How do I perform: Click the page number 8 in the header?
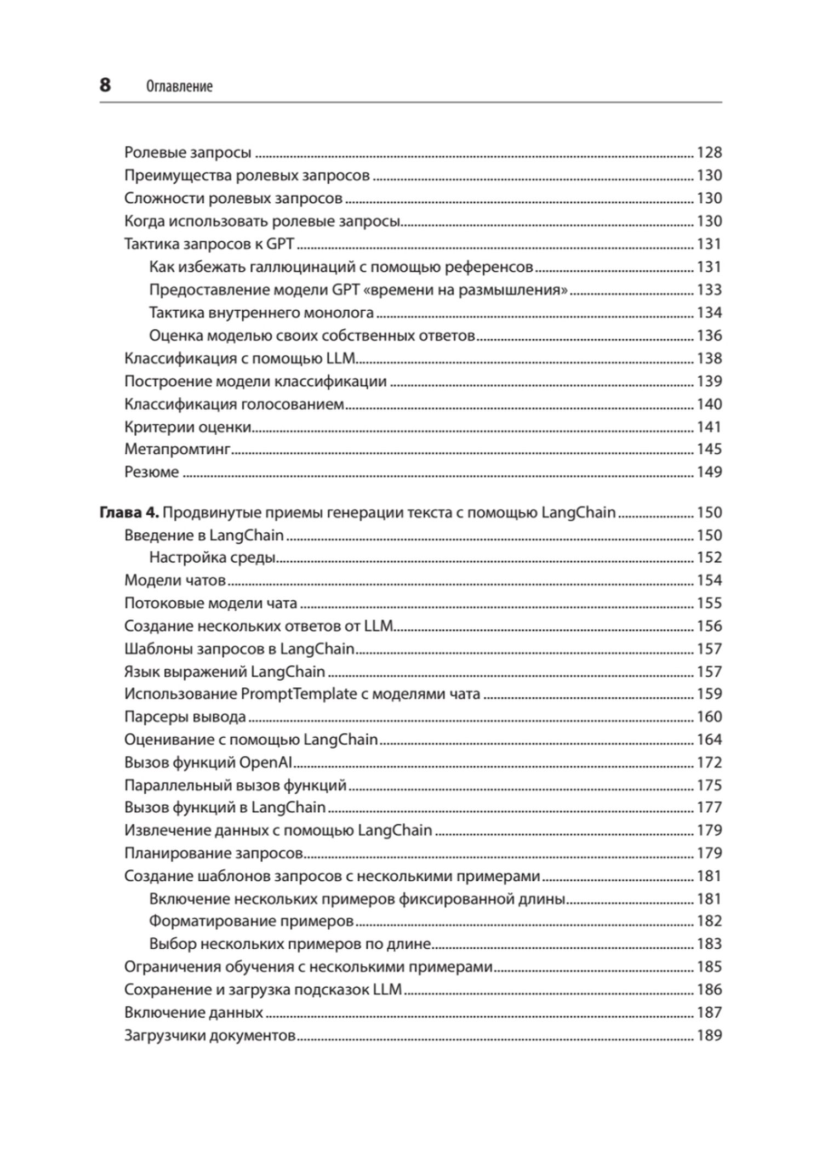105,86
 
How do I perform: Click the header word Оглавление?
179,87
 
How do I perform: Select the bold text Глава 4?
129,512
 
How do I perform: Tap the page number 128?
709,152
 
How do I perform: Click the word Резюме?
152,472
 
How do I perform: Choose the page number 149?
709,472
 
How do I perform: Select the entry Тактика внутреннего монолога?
261,312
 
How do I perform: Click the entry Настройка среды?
212,557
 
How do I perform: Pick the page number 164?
709,739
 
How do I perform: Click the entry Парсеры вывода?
185,717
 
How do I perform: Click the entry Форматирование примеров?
252,921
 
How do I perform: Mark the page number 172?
709,762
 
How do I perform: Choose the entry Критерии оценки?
187,427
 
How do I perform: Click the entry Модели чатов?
175,580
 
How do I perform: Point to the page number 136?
709,335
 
